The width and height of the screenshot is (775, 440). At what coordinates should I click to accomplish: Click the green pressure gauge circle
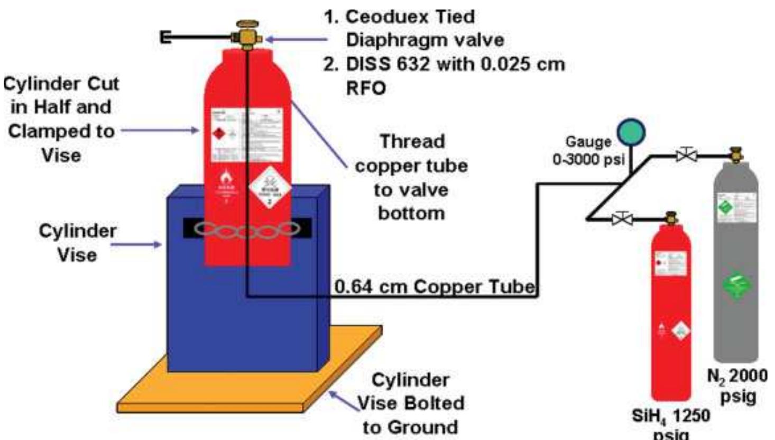pyautogui.click(x=631, y=132)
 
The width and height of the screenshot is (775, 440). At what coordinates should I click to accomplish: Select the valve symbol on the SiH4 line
pyautogui.click(x=622, y=217)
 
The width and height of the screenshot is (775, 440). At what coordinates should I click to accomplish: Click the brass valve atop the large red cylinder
pyautogui.click(x=247, y=34)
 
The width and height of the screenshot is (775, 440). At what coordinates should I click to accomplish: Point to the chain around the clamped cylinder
pyautogui.click(x=247, y=229)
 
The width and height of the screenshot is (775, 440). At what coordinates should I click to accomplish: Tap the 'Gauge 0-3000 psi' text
pyautogui.click(x=588, y=150)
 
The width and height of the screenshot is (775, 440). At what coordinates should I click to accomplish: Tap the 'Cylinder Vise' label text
pyautogui.click(x=77, y=243)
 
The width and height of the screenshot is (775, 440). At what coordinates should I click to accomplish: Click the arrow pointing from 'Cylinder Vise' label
pyautogui.click(x=136, y=244)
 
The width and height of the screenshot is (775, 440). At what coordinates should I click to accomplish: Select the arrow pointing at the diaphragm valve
pyautogui.click(x=296, y=39)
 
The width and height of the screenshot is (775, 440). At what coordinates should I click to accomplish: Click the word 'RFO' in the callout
pyautogui.click(x=366, y=87)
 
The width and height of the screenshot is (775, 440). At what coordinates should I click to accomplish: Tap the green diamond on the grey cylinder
pyautogui.click(x=735, y=286)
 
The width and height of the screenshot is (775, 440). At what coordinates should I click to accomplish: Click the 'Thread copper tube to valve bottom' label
pyautogui.click(x=411, y=178)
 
